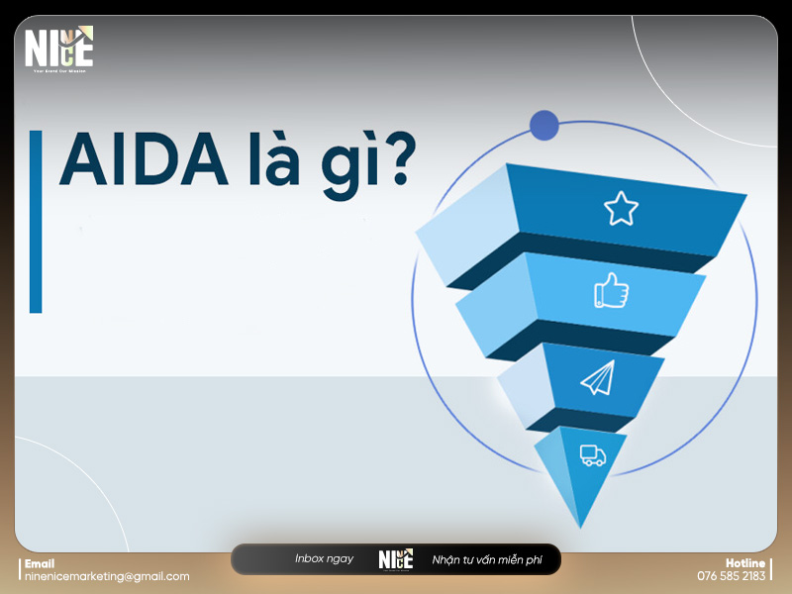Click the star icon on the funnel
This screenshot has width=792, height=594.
click(621, 208)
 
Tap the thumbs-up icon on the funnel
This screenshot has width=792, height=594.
click(611, 290)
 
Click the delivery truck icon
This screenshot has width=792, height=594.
click(592, 455)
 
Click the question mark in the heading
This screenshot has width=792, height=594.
click(394, 160)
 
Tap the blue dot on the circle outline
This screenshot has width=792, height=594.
click(544, 126)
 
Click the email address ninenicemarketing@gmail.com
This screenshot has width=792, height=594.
click(107, 576)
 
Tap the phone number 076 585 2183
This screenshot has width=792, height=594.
click(732, 576)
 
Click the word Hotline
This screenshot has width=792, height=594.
click(745, 563)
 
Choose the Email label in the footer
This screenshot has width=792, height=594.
click(40, 563)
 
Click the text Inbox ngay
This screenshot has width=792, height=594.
click(324, 559)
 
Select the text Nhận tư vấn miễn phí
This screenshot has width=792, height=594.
click(487, 560)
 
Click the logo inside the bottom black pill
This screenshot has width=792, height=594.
click(395, 559)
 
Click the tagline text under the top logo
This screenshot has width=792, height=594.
click(58, 71)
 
